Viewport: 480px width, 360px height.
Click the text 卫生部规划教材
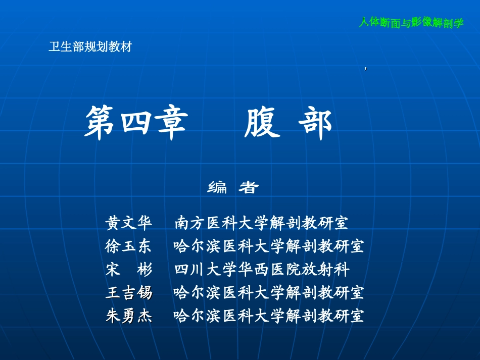[x=90, y=47]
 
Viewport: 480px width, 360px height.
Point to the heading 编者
[x=233, y=188]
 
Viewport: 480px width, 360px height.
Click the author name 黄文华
[x=128, y=223]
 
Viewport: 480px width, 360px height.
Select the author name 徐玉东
[x=128, y=246]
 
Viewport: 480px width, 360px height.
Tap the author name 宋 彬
[x=128, y=270]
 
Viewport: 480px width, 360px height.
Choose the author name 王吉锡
[x=128, y=293]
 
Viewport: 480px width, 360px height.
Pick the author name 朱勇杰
[x=128, y=317]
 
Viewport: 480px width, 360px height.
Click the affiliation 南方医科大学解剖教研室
[x=261, y=223]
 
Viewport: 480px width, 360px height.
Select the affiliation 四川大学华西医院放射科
[x=261, y=270]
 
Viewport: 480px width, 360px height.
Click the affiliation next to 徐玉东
[x=268, y=246]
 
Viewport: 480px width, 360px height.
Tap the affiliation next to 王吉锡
[x=268, y=293]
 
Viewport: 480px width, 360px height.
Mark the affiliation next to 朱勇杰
[x=268, y=317]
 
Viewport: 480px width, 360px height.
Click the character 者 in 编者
[x=249, y=188]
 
